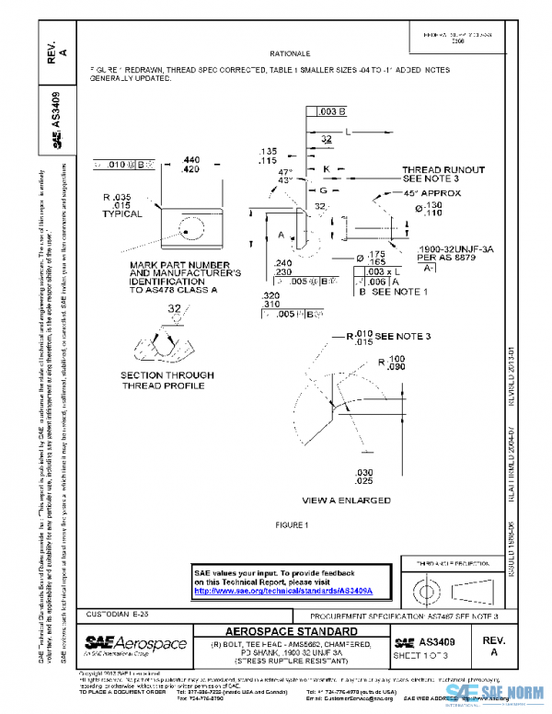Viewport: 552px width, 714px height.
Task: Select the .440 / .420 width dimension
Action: (x=191, y=165)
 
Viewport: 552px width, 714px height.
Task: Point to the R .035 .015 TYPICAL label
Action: (x=121, y=205)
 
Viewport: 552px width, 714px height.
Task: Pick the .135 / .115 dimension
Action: (x=269, y=155)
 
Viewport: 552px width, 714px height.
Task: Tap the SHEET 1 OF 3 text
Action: (x=420, y=654)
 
